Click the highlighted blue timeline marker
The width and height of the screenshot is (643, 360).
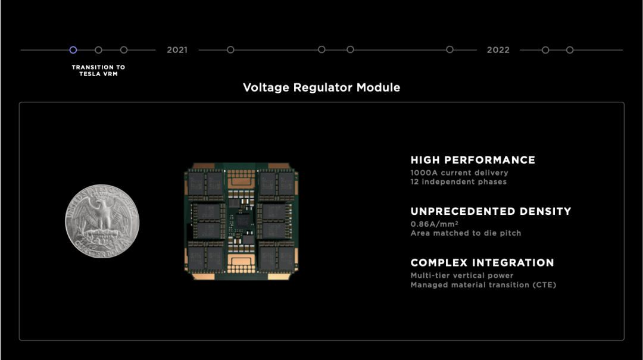(x=73, y=50)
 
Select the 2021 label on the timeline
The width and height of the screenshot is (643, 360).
(x=177, y=50)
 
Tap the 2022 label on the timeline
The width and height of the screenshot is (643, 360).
(x=498, y=50)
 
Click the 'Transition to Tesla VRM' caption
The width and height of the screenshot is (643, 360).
(x=98, y=71)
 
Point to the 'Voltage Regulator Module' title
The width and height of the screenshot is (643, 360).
(x=321, y=88)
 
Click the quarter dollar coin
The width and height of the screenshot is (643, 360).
(x=102, y=221)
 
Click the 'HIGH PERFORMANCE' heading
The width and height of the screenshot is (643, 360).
(x=473, y=160)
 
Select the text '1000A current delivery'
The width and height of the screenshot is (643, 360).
(x=459, y=173)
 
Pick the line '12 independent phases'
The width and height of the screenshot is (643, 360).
(x=458, y=181)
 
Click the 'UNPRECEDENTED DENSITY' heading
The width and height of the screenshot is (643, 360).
(x=491, y=211)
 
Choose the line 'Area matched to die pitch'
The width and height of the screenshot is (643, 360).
(x=466, y=233)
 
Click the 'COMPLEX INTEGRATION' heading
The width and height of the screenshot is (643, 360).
(x=482, y=262)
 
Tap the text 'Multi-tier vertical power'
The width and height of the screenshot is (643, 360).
(x=461, y=276)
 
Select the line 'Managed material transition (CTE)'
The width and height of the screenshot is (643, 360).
(x=483, y=285)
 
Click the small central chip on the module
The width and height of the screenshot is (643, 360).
(x=242, y=221)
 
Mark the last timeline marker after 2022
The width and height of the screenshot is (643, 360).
(x=570, y=50)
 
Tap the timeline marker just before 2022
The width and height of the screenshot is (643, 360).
(x=450, y=50)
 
